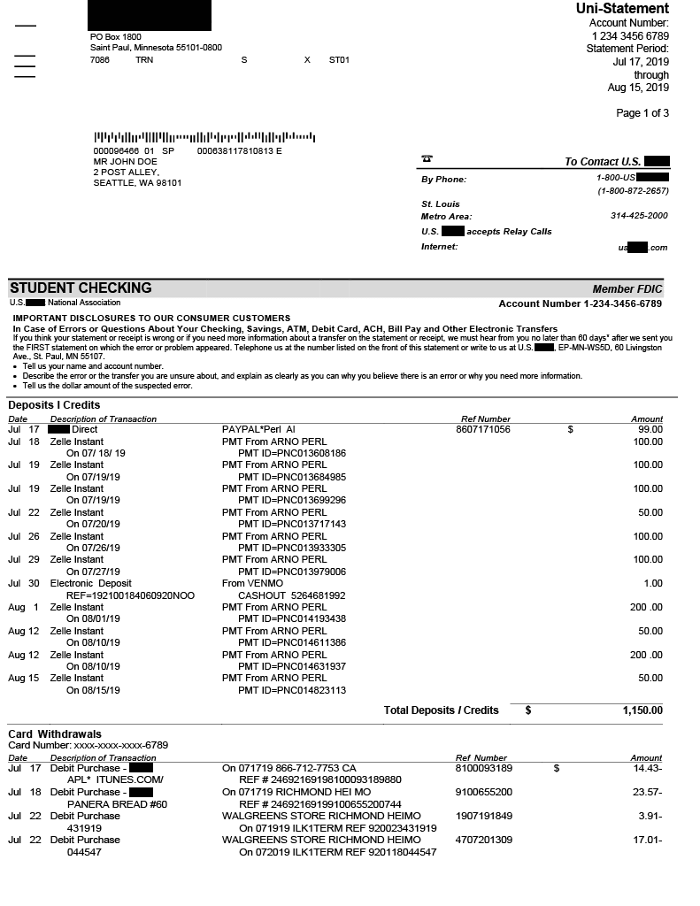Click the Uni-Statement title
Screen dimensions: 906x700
(622, 9)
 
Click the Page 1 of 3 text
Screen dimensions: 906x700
(642, 113)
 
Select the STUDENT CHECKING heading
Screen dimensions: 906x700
(81, 288)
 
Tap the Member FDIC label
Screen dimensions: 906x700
(627, 289)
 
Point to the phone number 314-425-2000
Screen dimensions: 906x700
(639, 216)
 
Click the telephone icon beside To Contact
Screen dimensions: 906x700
(427, 159)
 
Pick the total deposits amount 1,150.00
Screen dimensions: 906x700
(642, 710)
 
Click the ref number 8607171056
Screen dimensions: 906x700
(482, 429)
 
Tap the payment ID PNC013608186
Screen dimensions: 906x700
(291, 453)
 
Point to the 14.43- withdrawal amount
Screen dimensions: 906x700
(647, 768)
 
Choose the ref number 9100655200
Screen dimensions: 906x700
(483, 792)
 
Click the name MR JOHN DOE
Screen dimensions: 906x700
(125, 162)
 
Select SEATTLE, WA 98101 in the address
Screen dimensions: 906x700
(137, 183)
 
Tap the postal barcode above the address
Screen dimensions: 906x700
(204, 138)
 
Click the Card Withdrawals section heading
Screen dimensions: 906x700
(55, 734)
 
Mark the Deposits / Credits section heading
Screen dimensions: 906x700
(54, 405)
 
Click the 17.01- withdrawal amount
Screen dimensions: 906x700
(647, 840)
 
